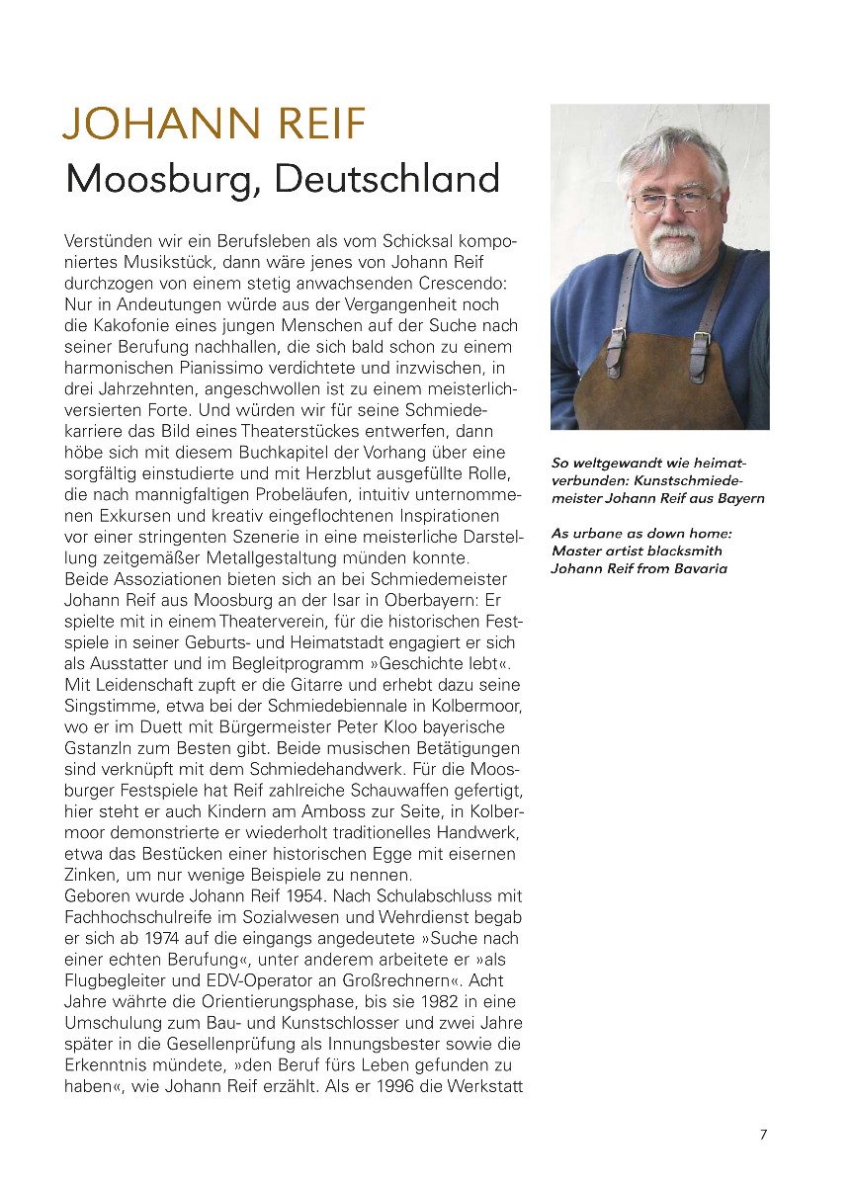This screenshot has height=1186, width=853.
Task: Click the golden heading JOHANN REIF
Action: [214, 126]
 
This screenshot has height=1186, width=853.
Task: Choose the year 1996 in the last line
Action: [386, 1085]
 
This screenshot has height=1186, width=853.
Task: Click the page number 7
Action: [763, 1135]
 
